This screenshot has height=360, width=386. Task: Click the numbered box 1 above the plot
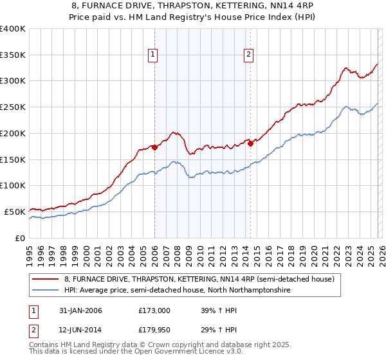154,55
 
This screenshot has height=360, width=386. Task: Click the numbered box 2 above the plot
248,55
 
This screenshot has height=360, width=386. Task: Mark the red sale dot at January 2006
155,147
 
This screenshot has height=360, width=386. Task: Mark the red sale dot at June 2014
250,143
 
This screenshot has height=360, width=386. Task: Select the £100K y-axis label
13,185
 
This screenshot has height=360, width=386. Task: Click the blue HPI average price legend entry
177,291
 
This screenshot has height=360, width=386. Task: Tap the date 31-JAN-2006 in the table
79,310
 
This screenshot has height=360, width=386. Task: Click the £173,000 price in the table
154,310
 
